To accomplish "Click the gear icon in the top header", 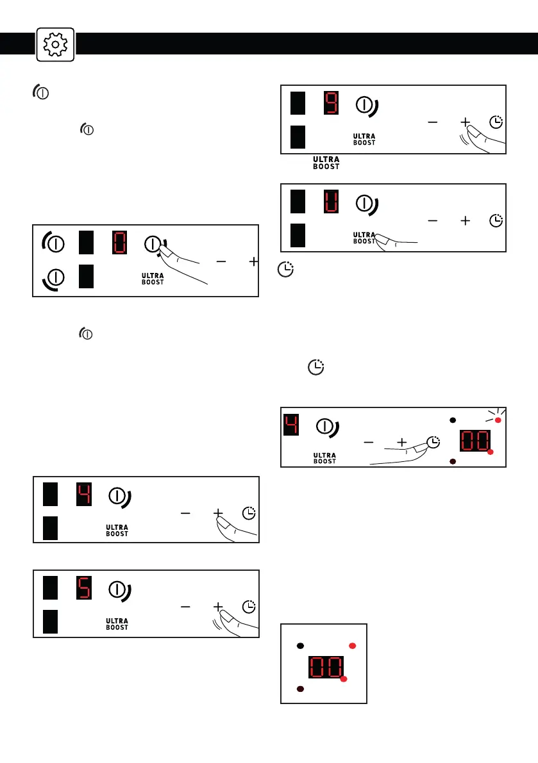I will pos(56,44).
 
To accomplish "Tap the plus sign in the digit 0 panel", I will pos(254,262).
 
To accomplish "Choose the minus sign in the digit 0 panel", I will pos(221,262).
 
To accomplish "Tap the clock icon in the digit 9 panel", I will pos(496,122).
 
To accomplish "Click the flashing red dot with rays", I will pos(497,420).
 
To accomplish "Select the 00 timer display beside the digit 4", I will pos(475,441).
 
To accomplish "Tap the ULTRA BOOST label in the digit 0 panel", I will pos(153,279).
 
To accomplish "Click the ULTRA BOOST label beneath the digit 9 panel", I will pos(325,161).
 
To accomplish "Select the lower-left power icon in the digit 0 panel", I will pos(56,278).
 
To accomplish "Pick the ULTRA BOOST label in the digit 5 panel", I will pos(117,623).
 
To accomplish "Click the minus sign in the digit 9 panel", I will pos(433,122).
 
